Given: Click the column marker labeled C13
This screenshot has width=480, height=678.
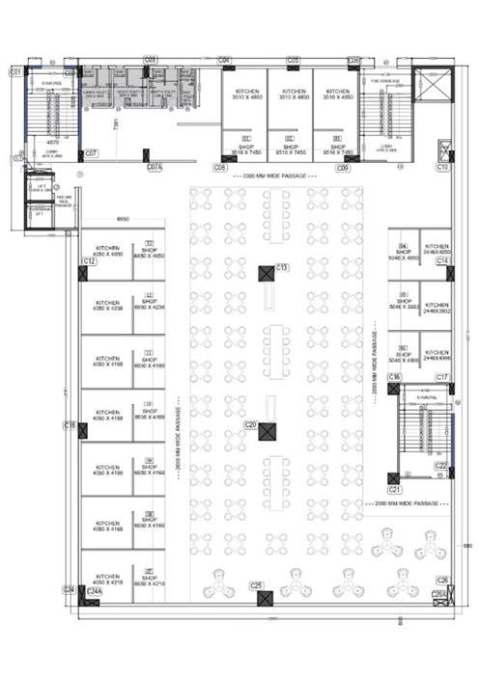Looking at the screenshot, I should (x=282, y=267).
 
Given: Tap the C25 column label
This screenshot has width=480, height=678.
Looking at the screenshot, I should (x=257, y=585).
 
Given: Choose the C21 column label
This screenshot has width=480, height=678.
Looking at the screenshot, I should (x=395, y=490).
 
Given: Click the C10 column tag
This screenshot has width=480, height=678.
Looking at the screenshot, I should (x=442, y=168).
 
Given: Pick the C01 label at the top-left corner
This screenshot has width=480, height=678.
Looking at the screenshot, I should (x=15, y=72).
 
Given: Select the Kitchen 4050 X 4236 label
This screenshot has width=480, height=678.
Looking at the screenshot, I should (x=108, y=306).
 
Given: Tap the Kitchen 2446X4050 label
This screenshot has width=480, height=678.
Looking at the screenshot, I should (x=438, y=250).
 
